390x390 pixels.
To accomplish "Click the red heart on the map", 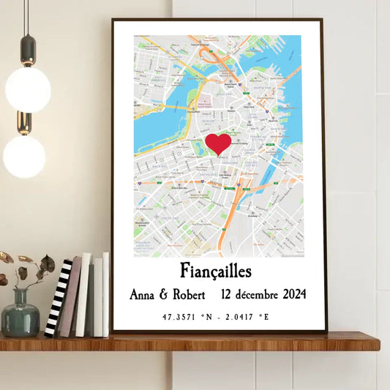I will click(218, 143).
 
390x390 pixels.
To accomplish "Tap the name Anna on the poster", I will click(148, 296).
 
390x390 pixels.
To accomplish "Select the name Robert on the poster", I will click(194, 296).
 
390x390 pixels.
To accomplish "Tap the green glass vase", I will click(20, 319).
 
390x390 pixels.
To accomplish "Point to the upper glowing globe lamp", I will click(28, 89).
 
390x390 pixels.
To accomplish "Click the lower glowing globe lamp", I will click(23, 156).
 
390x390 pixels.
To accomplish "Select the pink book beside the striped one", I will click(70, 296).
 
